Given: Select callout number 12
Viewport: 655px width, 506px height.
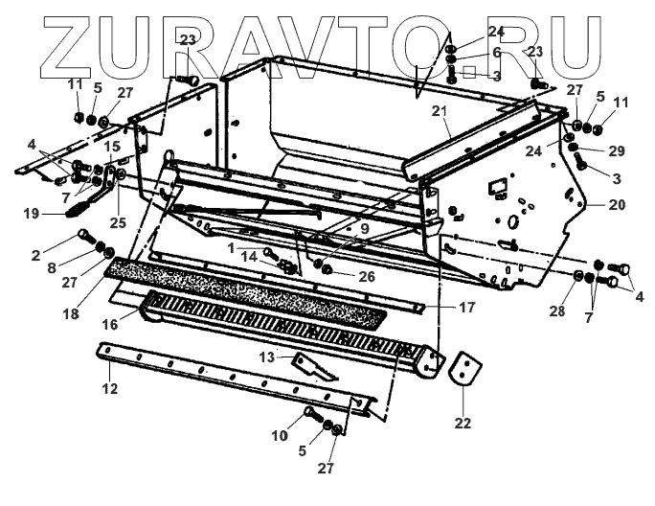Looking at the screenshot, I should coord(110,388).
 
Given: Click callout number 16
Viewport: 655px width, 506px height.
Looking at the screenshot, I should coord(110,325).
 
